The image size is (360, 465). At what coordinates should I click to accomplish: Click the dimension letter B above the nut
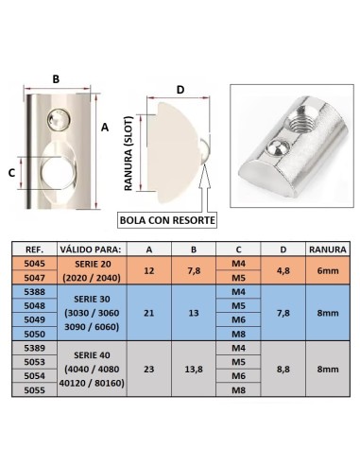click(x=56, y=78)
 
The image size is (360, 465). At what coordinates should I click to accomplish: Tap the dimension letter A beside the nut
click(x=105, y=128)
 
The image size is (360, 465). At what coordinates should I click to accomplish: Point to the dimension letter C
click(x=11, y=173)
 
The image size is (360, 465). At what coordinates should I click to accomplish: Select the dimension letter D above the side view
click(x=180, y=90)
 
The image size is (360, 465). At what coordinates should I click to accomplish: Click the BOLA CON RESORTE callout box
click(x=167, y=220)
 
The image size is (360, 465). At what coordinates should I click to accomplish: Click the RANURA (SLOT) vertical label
click(x=129, y=153)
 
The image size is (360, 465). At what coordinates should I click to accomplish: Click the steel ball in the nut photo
click(x=277, y=148)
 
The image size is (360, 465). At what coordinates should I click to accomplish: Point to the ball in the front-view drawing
click(x=59, y=119)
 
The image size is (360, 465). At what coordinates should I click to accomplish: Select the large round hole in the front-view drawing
click(x=59, y=173)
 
